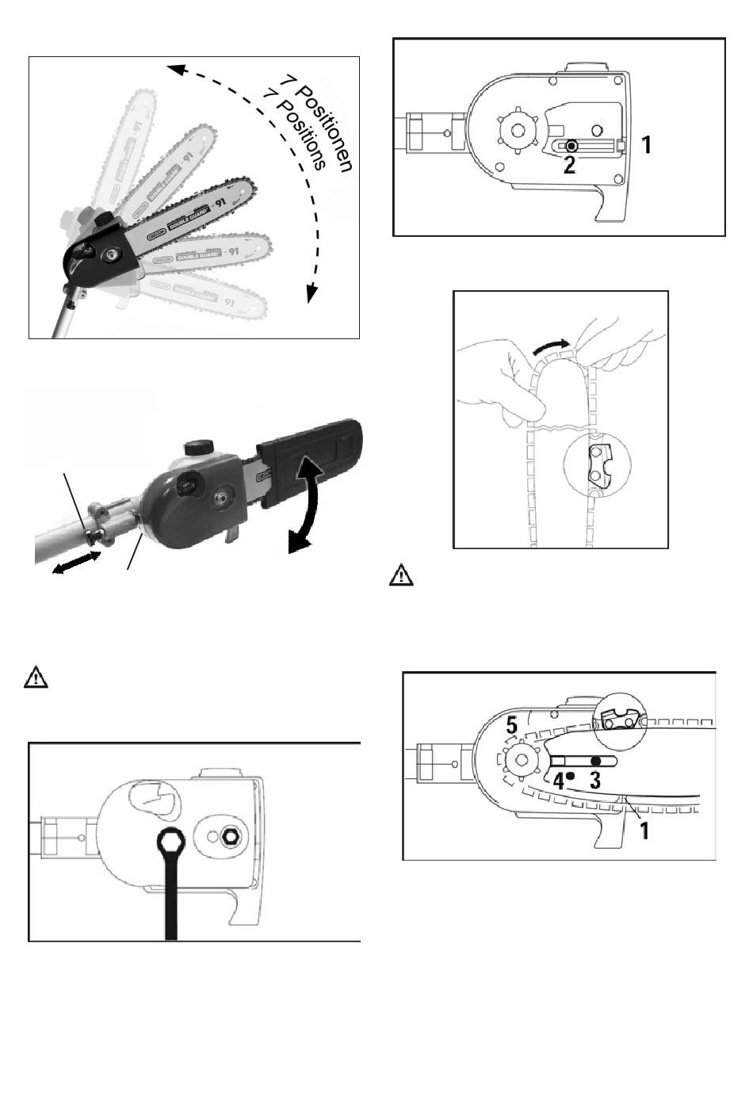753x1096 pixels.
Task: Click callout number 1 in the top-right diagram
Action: click(647, 145)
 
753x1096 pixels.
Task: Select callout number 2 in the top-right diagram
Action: click(569, 164)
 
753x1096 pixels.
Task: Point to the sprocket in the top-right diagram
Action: click(519, 129)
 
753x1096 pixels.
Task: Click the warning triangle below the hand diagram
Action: click(401, 575)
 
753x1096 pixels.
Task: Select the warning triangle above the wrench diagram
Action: click(36, 678)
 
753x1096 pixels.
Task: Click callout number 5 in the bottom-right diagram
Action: click(512, 725)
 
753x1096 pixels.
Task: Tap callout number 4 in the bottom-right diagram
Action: click(559, 780)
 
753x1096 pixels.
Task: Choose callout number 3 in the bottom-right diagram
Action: click(595, 780)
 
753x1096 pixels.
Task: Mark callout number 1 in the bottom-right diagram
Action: click(646, 831)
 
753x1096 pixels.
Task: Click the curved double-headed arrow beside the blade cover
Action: click(309, 508)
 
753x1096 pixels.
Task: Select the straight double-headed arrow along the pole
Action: click(76, 564)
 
